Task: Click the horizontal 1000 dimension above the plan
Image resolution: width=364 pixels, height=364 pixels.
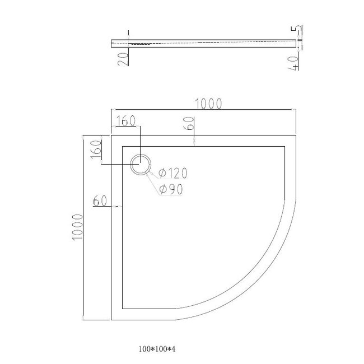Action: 208,104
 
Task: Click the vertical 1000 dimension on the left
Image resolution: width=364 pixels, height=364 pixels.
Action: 77,227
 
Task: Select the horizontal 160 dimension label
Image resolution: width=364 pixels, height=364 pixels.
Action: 125,121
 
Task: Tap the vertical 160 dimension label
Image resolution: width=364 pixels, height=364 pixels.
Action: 96,150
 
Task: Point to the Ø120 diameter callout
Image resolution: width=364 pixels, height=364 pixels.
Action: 172,173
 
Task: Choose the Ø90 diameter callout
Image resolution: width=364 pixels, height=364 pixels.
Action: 171,189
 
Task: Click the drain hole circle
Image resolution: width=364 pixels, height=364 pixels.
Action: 141,164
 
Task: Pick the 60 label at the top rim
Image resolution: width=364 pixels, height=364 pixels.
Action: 189,123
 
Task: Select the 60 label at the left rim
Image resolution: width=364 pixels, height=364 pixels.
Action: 100,200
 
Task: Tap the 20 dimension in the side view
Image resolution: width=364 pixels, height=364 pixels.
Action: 123,59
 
